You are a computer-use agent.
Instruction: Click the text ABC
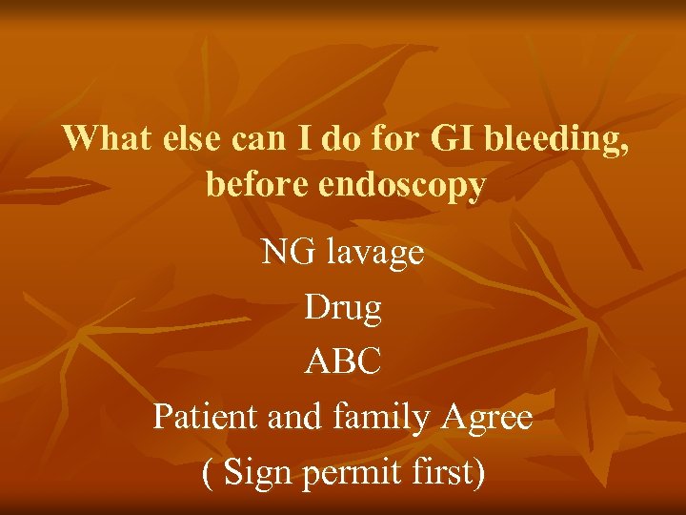(343, 361)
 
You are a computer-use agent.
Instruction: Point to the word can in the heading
(250, 139)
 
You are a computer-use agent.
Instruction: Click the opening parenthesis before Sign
(209, 472)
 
